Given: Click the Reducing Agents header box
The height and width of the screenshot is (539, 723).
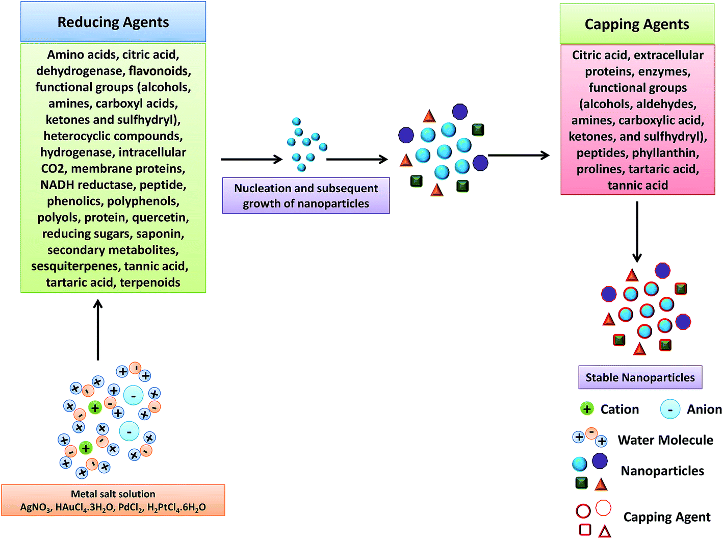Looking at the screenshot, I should (x=113, y=22).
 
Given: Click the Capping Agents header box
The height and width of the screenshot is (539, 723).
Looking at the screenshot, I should (x=637, y=24).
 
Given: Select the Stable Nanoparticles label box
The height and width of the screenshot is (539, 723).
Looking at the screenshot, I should (x=640, y=377).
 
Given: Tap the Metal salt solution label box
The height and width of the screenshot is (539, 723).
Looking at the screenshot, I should (x=113, y=500).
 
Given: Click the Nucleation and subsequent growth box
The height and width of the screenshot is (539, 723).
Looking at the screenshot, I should (x=306, y=196).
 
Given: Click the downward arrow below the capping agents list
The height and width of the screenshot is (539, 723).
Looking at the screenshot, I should (x=637, y=232).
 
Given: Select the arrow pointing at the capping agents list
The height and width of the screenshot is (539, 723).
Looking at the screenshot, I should (x=519, y=155).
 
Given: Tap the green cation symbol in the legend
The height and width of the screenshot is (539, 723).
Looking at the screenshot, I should (x=587, y=409).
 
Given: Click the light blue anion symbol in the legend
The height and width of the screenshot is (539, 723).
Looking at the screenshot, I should (x=670, y=409).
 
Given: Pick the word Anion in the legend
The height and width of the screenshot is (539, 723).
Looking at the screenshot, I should (x=704, y=409).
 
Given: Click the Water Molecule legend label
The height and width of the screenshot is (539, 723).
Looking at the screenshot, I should (x=665, y=440).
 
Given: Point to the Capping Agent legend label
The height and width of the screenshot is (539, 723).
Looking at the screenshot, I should (x=666, y=517).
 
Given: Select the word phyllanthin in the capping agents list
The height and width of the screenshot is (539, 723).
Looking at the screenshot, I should (x=664, y=153).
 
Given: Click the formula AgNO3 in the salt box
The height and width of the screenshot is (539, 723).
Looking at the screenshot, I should (x=35, y=507).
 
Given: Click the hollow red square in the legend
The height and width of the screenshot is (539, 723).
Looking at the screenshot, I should (x=585, y=530).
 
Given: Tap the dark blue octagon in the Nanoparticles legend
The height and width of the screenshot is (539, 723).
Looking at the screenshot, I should (x=600, y=461).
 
